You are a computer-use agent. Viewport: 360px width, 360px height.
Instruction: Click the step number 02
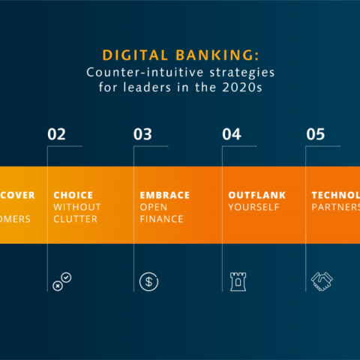click(57, 135)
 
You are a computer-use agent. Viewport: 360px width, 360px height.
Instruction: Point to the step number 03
click(142, 135)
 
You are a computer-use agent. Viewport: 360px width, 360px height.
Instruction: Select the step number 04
click(232, 135)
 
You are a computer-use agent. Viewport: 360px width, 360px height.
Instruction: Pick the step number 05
click(316, 135)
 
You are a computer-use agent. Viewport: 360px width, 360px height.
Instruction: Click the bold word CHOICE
click(73, 195)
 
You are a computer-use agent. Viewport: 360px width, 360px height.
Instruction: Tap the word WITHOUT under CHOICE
click(76, 207)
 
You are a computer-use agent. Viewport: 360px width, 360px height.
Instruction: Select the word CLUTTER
click(76, 219)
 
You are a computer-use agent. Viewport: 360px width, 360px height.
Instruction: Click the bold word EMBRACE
click(164, 195)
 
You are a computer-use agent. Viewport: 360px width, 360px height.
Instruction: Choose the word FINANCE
click(161, 219)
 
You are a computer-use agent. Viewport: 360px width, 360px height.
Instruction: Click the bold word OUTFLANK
click(256, 195)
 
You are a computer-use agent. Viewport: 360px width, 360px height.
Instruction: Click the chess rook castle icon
click(237, 281)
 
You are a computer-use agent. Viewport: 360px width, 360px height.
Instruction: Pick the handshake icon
click(322, 281)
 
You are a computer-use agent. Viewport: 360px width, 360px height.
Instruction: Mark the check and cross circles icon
click(62, 281)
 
